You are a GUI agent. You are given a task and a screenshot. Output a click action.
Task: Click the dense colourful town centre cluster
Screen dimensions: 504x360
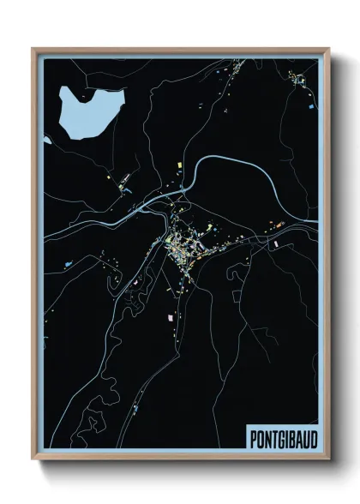(184, 249)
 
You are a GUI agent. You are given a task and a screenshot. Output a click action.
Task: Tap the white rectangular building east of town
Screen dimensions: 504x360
(276, 244)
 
